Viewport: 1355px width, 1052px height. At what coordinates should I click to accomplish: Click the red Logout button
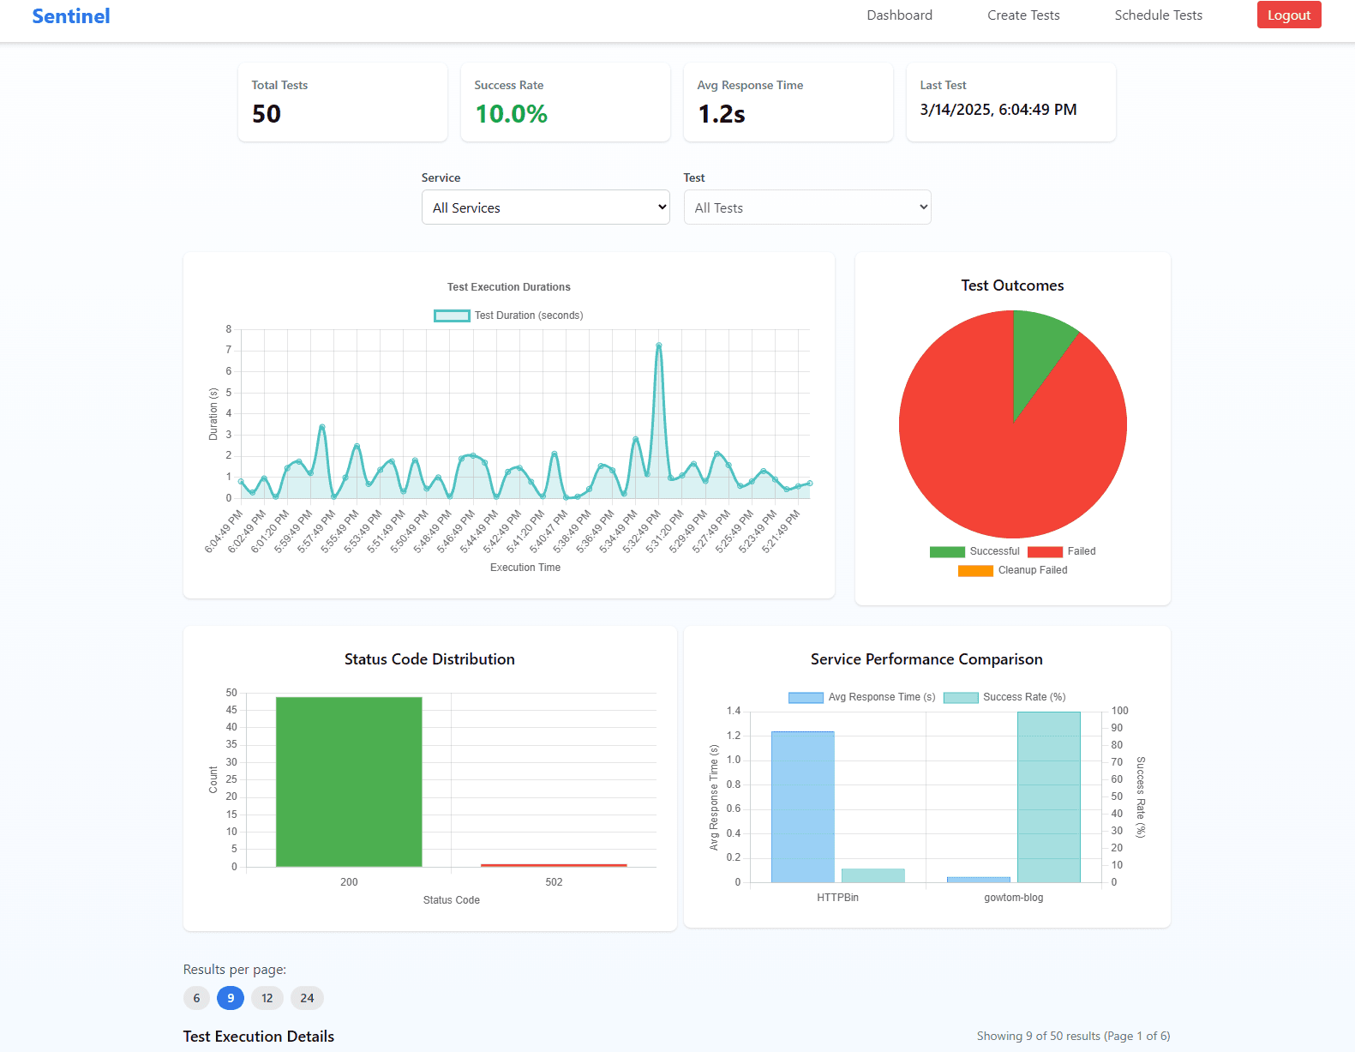point(1288,15)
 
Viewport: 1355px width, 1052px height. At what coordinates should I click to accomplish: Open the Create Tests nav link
point(1023,15)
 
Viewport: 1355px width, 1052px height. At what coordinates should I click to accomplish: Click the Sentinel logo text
point(71,16)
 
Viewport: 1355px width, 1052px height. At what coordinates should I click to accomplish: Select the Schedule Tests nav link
point(1158,15)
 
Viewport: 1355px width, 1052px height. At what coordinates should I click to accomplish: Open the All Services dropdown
point(545,207)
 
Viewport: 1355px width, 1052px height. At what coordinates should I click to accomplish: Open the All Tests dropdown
point(806,207)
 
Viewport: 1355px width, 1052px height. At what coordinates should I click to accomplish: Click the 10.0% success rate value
point(511,114)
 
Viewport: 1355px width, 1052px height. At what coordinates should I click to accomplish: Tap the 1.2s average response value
point(722,114)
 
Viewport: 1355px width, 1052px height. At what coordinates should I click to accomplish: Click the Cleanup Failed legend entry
point(1013,570)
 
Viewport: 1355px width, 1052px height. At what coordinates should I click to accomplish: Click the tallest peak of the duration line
point(658,346)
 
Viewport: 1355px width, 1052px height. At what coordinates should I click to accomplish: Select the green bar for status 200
point(349,781)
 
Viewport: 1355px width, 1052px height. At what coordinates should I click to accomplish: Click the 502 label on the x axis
point(554,882)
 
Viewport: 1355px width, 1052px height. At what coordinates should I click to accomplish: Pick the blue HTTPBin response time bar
point(802,807)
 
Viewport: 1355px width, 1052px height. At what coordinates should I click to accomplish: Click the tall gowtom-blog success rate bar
point(1048,797)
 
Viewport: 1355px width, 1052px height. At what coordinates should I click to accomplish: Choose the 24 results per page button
point(307,998)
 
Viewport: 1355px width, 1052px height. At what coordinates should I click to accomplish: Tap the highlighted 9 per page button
point(231,998)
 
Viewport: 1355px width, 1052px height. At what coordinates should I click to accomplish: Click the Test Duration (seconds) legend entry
point(509,316)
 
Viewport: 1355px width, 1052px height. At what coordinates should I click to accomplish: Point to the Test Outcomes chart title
point(1012,286)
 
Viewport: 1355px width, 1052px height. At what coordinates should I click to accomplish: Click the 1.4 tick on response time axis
point(733,711)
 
